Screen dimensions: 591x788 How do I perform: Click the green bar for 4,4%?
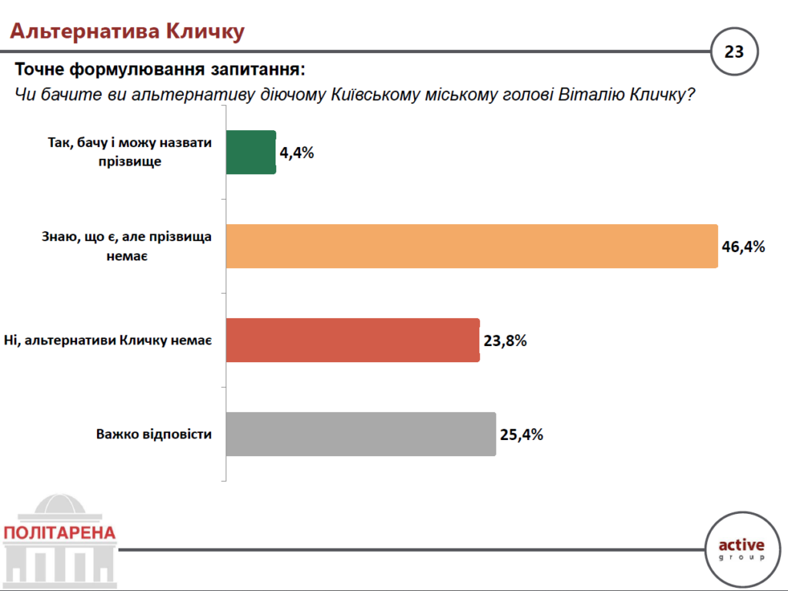tap(251, 152)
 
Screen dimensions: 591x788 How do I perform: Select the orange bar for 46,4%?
tap(472, 247)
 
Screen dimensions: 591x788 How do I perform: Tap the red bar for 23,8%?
tap(352, 340)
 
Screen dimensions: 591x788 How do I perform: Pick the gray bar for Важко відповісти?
tap(361, 434)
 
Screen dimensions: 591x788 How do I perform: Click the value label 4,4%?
tap(297, 152)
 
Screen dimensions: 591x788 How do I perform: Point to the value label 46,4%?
tap(743, 247)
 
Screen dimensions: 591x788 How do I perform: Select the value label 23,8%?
tap(505, 340)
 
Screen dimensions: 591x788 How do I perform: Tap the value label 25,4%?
tap(522, 434)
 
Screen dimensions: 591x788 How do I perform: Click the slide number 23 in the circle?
tap(734, 52)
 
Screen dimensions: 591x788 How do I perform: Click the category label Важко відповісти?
tap(154, 434)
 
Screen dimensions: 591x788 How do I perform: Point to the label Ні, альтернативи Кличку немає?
tap(108, 340)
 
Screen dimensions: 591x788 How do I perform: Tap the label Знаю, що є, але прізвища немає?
tap(127, 247)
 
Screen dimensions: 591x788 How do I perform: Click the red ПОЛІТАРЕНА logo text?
tap(59, 532)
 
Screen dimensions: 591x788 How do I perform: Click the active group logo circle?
tap(742, 549)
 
